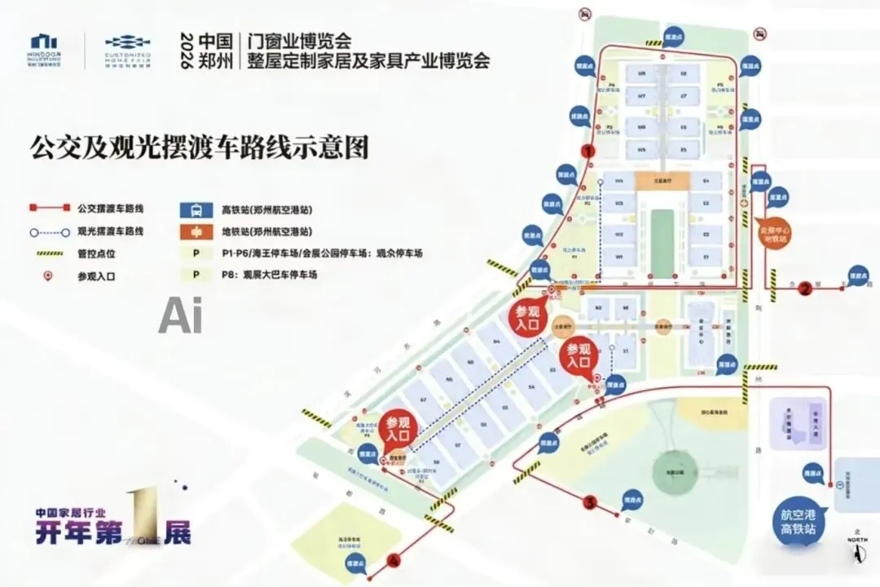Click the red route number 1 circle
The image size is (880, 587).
point(587,151)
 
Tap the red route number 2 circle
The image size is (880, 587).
point(806,287)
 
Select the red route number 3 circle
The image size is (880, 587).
point(590,502)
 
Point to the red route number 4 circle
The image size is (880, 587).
point(395,560)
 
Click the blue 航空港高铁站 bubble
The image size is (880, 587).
point(799,522)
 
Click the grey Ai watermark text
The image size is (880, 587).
point(180,316)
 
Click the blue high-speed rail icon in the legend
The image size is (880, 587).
point(192,209)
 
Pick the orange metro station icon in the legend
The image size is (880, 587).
point(192,232)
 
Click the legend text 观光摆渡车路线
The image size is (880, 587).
point(112,232)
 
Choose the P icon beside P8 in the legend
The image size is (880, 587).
point(192,275)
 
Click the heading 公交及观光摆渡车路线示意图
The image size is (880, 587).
point(200,148)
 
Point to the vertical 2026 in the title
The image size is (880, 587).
point(184,51)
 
